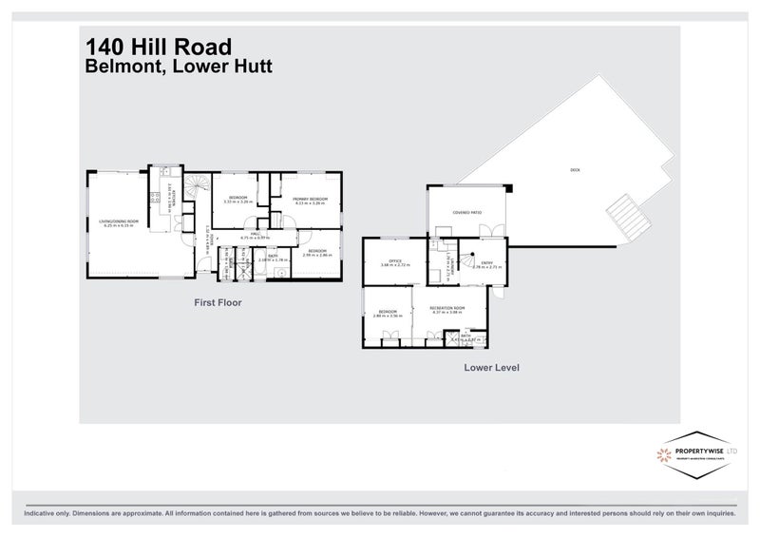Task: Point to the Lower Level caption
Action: tap(490, 366)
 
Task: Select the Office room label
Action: tap(393, 264)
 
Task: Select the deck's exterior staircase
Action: tap(624, 218)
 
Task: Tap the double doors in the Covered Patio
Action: tap(490, 231)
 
